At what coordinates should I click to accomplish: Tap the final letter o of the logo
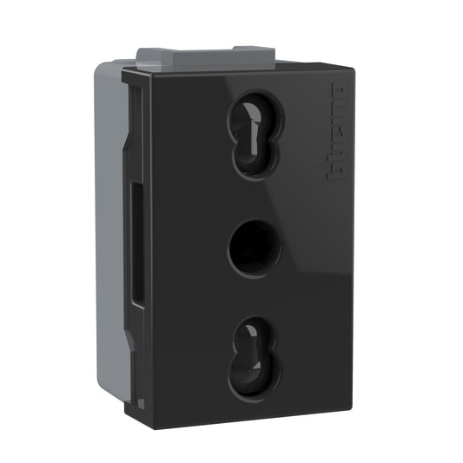coord(337,91)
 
